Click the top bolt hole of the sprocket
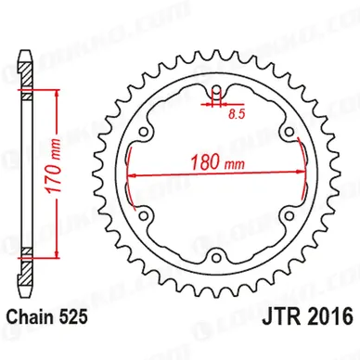click(216, 90)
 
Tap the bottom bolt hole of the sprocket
click(216, 257)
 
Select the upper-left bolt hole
click(144, 133)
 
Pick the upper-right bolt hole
click(289, 132)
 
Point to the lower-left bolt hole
click(144, 215)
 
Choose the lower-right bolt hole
click(289, 215)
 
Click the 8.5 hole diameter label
click(237, 115)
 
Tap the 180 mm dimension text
click(217, 162)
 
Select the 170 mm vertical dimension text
click(54, 166)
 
